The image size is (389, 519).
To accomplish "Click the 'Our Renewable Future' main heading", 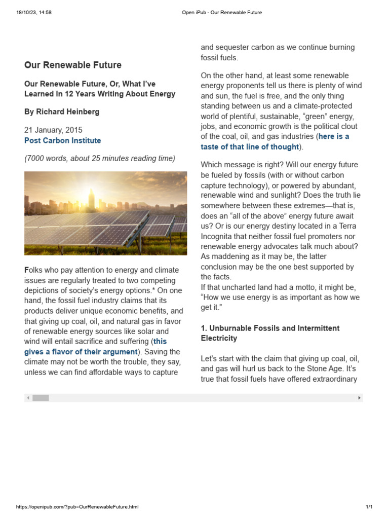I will tap(73, 65).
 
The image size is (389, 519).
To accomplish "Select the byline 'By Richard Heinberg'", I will tap(62, 112).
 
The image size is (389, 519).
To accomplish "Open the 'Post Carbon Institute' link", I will tap(62, 140).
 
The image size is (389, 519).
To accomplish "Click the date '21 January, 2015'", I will tap(53, 130).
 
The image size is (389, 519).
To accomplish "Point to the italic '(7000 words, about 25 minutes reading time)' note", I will tap(100, 158).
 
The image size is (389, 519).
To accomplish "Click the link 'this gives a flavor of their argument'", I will tap(81, 351).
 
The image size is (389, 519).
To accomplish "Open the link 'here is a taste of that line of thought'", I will tap(275, 146).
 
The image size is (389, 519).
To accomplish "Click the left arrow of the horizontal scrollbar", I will tap(28, 398).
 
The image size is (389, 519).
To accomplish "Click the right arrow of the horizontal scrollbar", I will tap(359, 398).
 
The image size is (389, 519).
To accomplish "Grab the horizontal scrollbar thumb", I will tap(41, 398).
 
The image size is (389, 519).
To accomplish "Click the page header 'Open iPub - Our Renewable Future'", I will tap(222, 12).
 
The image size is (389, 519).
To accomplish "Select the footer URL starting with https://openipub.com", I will tap(77, 507).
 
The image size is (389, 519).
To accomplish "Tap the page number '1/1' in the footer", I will tap(369, 507).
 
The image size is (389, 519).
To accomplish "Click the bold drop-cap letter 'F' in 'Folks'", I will tap(27, 270).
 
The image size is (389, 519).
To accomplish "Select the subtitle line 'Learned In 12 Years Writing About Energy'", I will tap(100, 94).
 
